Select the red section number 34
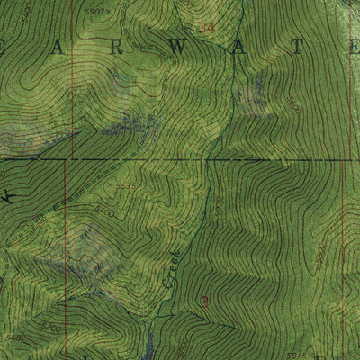coord(208,28)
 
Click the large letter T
coord(290,47)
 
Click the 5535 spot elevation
coord(127,187)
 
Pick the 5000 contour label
coord(217,209)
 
